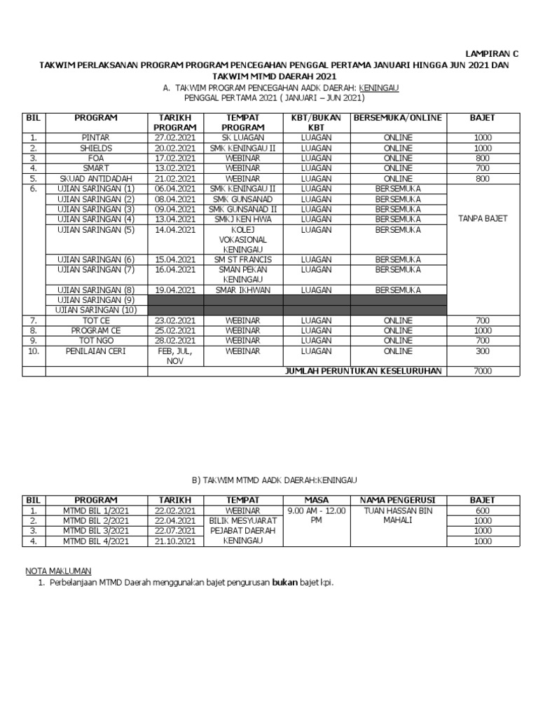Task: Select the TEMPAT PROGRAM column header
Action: tap(242, 123)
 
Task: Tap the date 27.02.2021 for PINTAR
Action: tap(176, 138)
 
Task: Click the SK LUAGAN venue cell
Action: tap(242, 138)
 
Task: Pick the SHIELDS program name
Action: tap(96, 149)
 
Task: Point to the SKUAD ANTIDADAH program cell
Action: tap(96, 179)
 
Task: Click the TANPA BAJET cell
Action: tap(483, 219)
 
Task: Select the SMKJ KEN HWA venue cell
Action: tap(242, 219)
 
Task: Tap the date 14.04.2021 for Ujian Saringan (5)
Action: tap(176, 229)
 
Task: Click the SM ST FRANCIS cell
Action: tap(242, 259)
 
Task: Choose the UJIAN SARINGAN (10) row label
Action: tap(96, 310)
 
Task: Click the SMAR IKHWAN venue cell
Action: tap(242, 290)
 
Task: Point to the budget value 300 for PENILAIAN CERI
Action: tap(483, 351)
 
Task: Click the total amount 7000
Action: tap(483, 371)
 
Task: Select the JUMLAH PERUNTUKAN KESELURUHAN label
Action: tap(362, 371)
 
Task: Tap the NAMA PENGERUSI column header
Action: tap(398, 500)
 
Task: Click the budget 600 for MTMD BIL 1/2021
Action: tap(483, 510)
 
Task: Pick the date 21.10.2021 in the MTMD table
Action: tap(176, 541)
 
